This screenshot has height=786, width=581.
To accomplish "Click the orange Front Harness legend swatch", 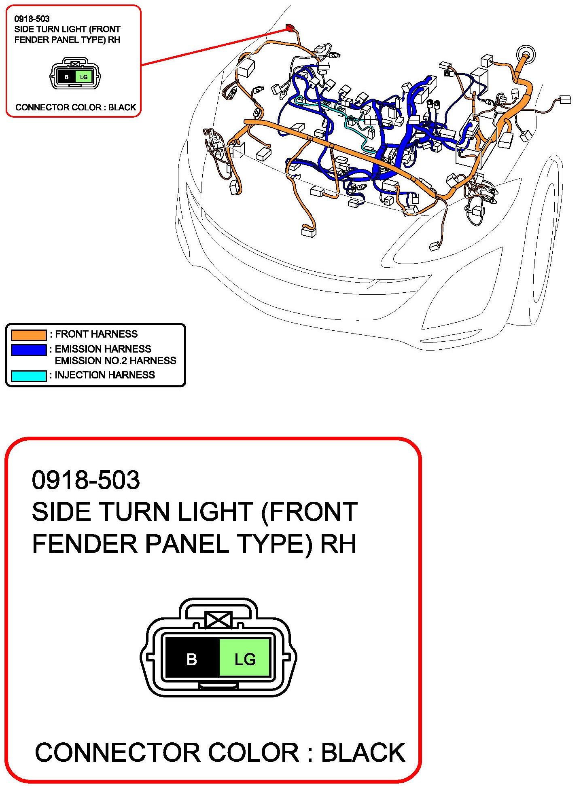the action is click(x=29, y=335).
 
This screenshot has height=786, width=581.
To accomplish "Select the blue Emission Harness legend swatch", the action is click(x=29, y=350).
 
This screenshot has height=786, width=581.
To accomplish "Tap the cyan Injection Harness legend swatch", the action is click(x=29, y=376).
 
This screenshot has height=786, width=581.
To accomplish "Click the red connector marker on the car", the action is click(x=290, y=27).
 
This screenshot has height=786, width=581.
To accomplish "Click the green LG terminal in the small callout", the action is click(x=84, y=77).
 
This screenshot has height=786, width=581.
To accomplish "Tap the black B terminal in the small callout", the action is click(x=67, y=77).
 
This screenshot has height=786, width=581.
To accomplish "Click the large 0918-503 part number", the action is click(x=86, y=480).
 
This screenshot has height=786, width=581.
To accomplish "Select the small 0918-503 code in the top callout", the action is click(x=32, y=19).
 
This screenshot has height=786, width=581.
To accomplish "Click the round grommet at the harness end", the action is click(x=526, y=54).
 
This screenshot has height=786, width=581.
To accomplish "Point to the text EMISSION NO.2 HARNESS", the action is click(x=115, y=361).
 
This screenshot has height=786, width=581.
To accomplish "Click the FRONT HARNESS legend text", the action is click(x=96, y=334).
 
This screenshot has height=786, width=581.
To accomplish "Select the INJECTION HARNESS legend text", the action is click(x=105, y=375).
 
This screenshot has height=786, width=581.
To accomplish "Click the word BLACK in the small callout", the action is click(x=122, y=107).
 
